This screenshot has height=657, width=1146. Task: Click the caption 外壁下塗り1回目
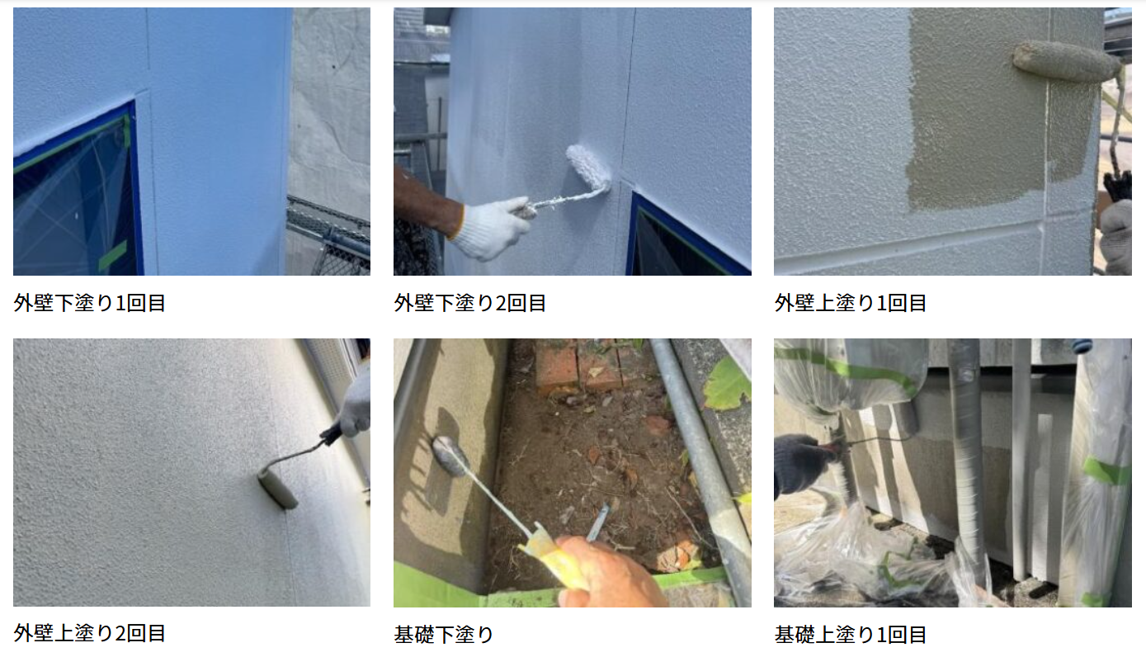coord(90,303)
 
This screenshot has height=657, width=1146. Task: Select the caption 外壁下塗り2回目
coord(469,303)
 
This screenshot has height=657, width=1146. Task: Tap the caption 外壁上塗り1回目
coord(851,303)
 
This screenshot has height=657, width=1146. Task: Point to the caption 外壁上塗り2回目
coord(90,633)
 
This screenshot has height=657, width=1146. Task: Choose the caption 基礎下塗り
coord(444,635)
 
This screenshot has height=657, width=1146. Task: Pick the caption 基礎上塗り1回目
coord(851,635)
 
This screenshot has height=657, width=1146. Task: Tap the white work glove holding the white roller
coord(491,228)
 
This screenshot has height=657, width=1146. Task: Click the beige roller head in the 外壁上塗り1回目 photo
coord(1067,61)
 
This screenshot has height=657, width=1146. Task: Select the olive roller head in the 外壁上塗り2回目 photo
coord(276,488)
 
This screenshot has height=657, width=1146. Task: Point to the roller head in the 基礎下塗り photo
coord(450,456)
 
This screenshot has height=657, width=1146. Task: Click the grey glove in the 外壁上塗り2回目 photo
coord(354,404)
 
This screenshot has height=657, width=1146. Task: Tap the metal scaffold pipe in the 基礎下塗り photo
coord(701,470)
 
